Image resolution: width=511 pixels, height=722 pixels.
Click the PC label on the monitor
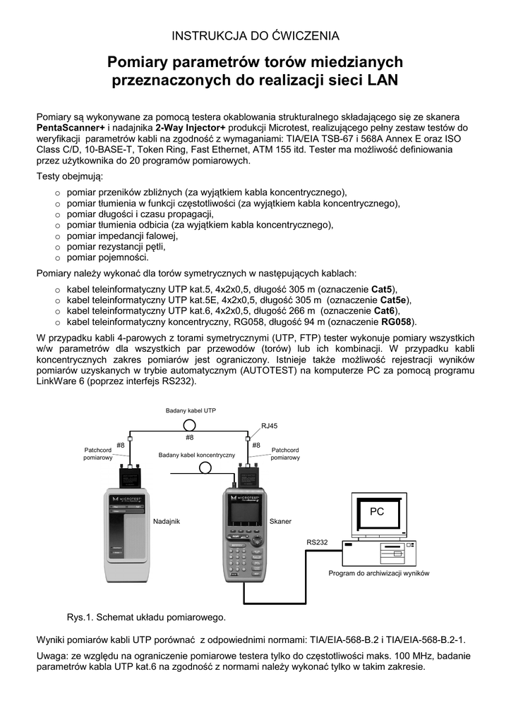pyautogui.click(x=377, y=511)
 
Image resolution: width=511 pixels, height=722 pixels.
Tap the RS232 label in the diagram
pyautogui.click(x=316, y=541)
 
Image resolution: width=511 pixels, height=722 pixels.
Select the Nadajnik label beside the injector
pyautogui.click(x=167, y=521)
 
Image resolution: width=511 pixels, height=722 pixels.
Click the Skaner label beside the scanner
pyautogui.click(x=280, y=521)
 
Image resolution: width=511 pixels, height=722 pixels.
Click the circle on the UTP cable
pyautogui.click(x=190, y=424)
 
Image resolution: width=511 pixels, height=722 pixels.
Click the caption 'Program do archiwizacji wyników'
pyautogui.click(x=378, y=573)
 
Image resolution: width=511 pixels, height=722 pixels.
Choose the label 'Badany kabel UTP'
pyautogui.click(x=191, y=410)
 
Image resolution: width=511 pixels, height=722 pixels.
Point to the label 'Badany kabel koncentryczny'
pyautogui.click(x=196, y=455)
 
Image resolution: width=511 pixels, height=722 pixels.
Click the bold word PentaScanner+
pyautogui.click(x=70, y=128)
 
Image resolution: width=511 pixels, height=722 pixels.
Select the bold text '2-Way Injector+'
pyautogui.click(x=191, y=128)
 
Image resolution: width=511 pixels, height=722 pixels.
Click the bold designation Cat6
pyautogui.click(x=384, y=311)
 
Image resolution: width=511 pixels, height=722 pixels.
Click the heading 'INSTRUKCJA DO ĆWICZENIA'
pyautogui.click(x=255, y=35)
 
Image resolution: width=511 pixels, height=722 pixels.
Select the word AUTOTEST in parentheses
pyautogui.click(x=287, y=369)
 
